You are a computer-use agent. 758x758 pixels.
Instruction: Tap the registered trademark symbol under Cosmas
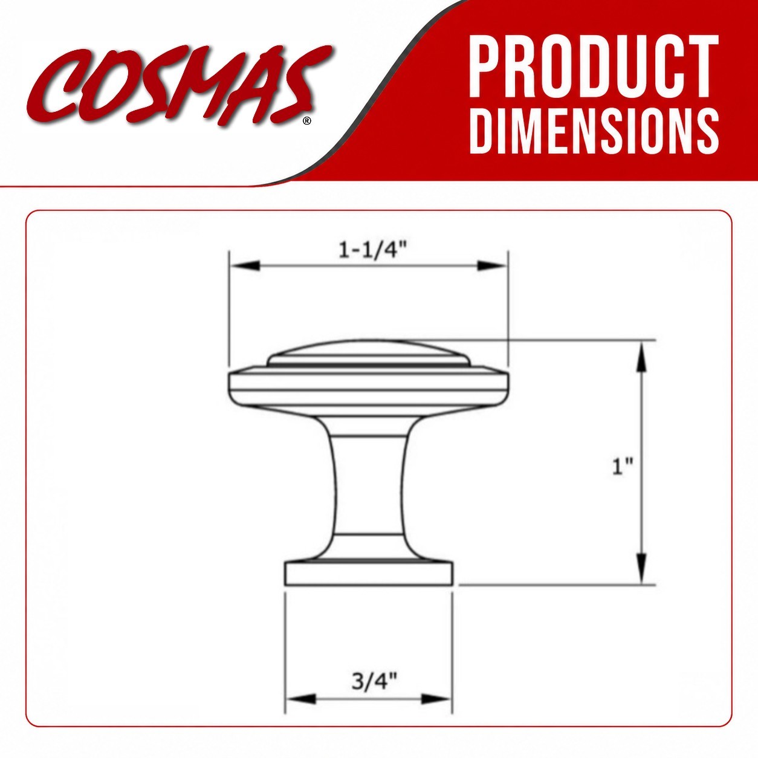[307, 121]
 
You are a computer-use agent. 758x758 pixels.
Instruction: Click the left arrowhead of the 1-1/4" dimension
[245, 265]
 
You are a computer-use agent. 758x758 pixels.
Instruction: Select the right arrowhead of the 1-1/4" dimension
[491, 265]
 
